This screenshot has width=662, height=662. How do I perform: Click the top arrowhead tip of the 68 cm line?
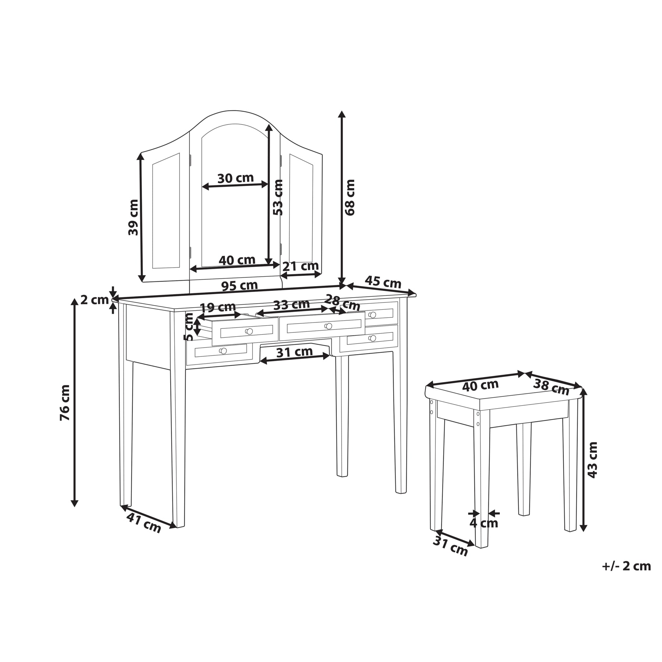(x=342, y=111)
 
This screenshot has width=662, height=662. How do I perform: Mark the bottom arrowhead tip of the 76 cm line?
(x=75, y=506)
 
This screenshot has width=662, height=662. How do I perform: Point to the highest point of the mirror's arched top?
(x=232, y=110)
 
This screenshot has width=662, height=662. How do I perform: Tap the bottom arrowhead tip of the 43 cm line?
(x=583, y=531)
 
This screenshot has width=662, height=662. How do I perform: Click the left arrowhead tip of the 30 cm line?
(x=202, y=187)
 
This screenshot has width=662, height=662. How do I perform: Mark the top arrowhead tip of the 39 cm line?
(x=140, y=153)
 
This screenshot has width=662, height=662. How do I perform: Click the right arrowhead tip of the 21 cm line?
(x=321, y=274)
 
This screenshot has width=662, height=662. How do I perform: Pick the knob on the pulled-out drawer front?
(x=249, y=331)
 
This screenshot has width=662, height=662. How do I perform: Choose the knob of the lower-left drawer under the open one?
(x=223, y=351)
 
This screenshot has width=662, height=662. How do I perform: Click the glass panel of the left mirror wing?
(x=166, y=211)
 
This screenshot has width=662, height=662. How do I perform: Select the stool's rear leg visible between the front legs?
(x=524, y=469)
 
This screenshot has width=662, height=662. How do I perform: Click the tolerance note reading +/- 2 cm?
(x=626, y=566)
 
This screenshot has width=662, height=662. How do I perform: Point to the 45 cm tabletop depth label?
(x=383, y=282)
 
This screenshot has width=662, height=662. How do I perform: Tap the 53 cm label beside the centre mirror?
(x=278, y=197)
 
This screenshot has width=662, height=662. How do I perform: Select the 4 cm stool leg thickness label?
(x=484, y=523)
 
